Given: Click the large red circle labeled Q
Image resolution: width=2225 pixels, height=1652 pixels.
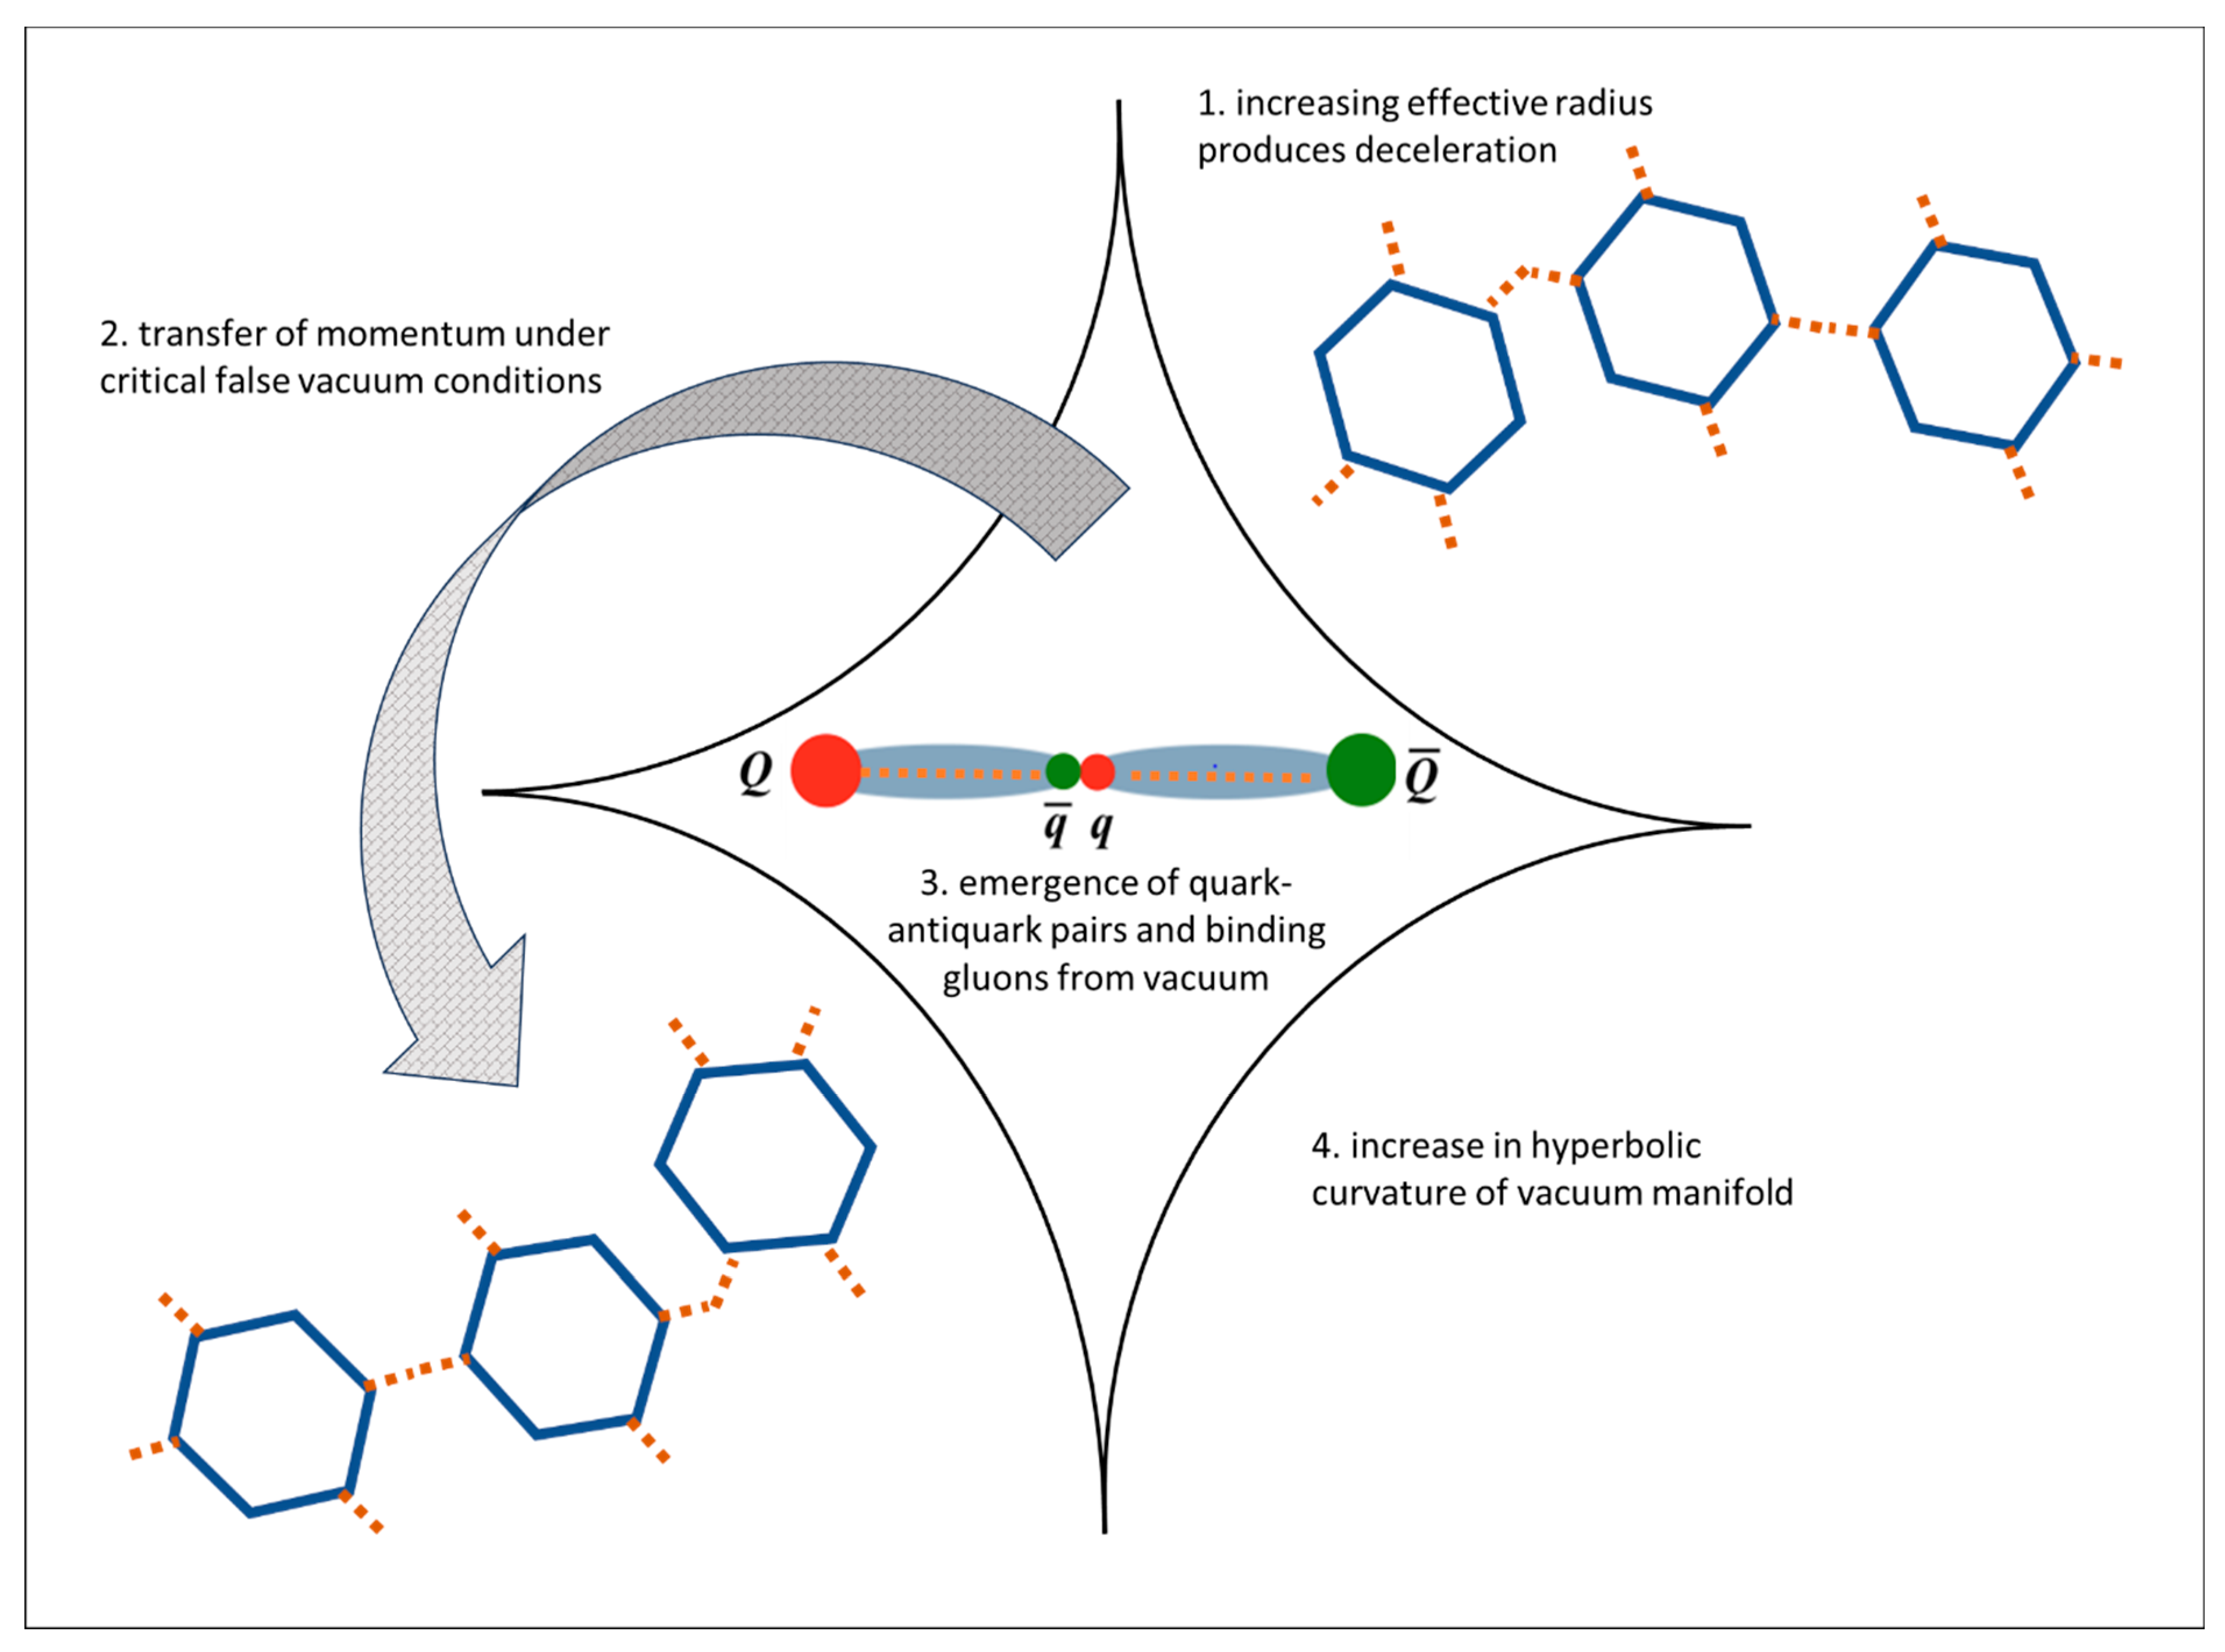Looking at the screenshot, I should point(826,770).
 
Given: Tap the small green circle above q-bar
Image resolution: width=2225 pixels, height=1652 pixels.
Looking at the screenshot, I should point(1063,771).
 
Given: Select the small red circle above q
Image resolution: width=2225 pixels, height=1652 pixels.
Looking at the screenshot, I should point(1098,772).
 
